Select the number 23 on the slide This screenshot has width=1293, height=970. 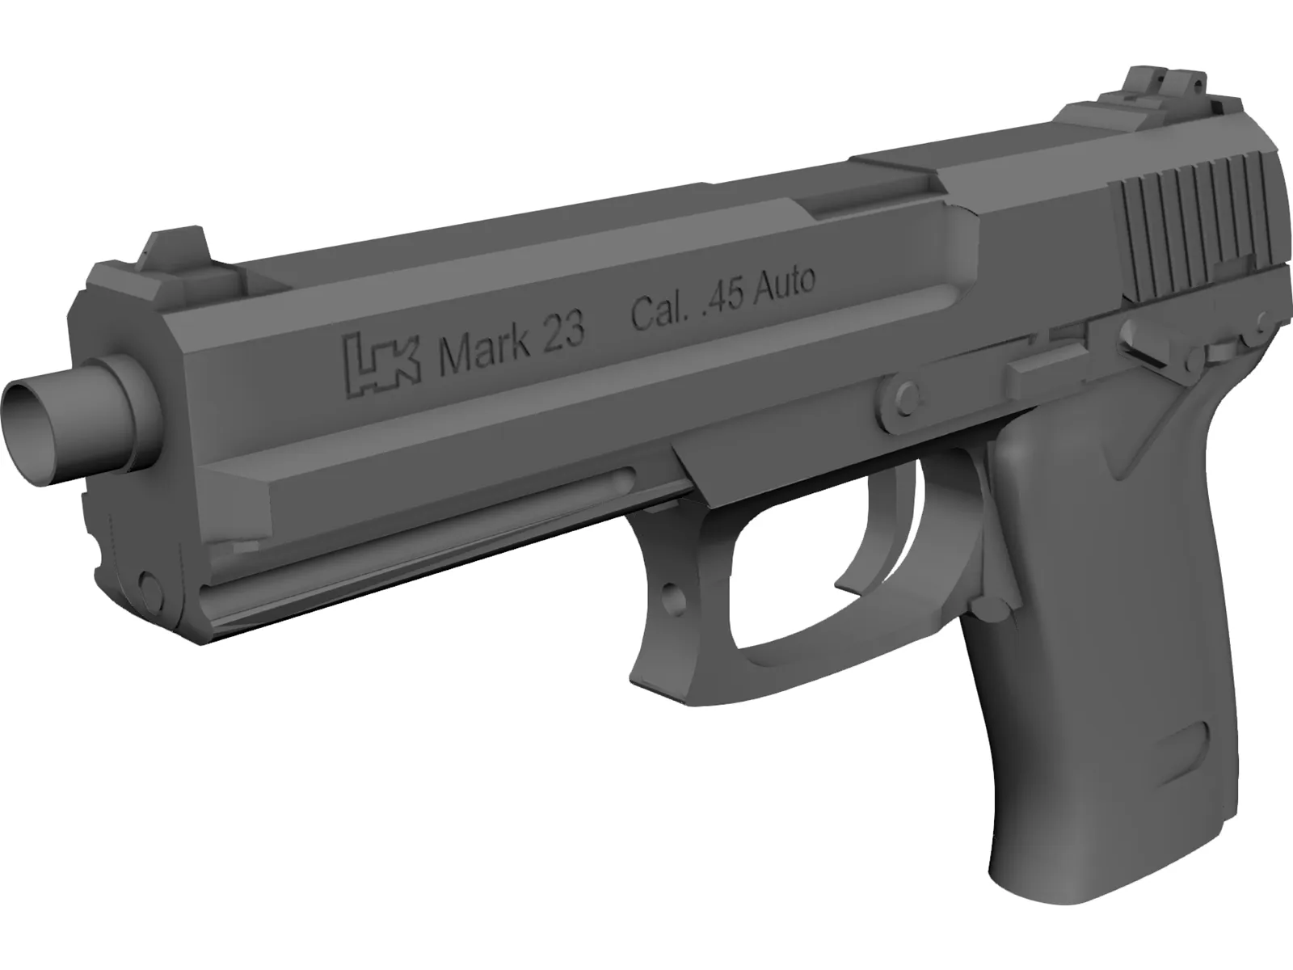[x=562, y=333]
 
